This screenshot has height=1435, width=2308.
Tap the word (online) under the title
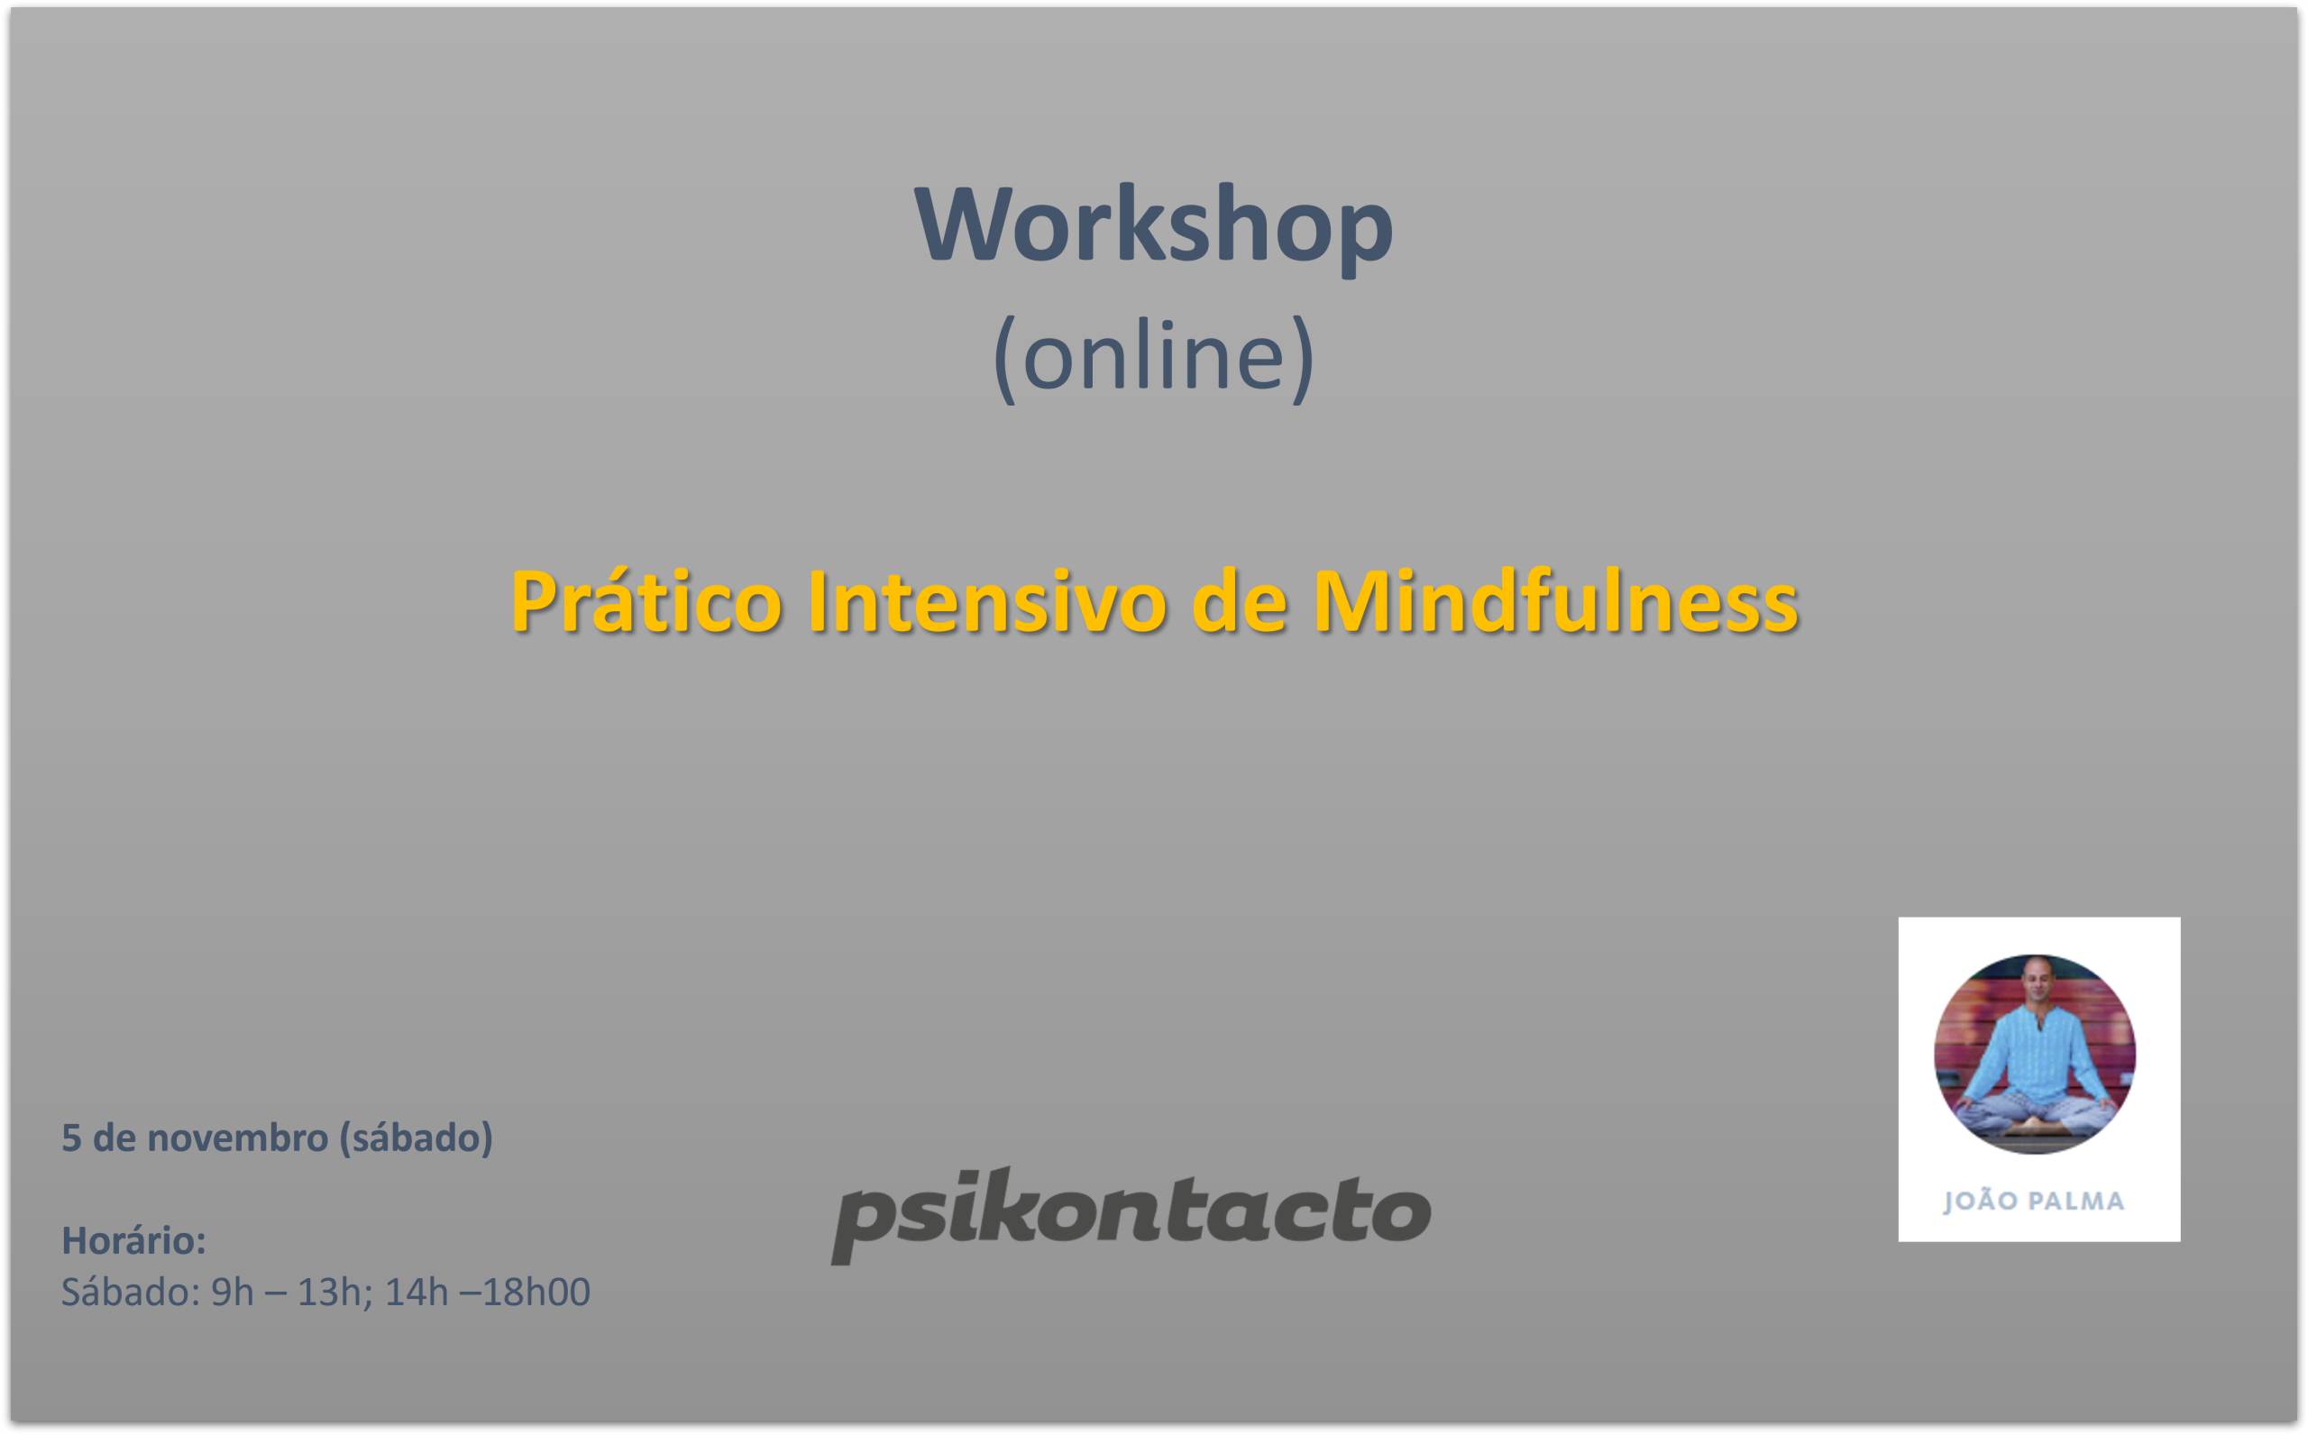coord(1153,359)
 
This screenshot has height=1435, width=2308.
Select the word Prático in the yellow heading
coord(646,602)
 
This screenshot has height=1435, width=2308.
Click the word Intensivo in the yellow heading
coord(987,602)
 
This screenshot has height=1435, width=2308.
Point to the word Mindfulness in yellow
coord(1555,602)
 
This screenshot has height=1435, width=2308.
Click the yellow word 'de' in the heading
coord(1240,602)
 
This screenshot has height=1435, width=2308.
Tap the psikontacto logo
coord(1131,1215)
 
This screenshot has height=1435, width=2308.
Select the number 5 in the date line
coord(71,1138)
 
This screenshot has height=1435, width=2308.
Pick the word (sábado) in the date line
coord(416,1138)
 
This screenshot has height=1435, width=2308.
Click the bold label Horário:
coord(133,1240)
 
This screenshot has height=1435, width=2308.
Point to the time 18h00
coord(536,1292)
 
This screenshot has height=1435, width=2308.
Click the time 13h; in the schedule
coord(335,1292)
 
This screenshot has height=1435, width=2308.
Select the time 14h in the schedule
coord(417,1292)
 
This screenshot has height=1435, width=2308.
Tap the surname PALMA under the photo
coord(2075,1201)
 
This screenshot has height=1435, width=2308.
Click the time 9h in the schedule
coord(233,1292)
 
